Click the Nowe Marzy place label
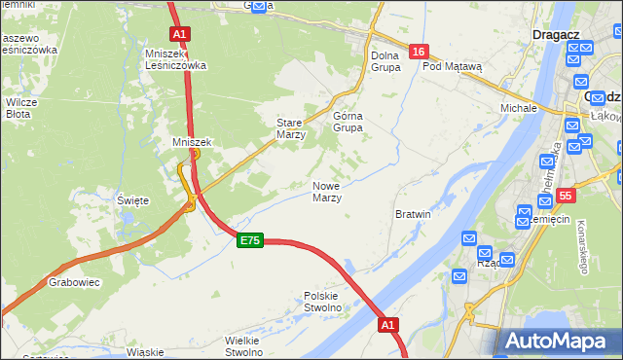click(x=326, y=192)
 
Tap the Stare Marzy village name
click(x=291, y=129)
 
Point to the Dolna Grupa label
click(x=385, y=62)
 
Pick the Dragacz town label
click(x=556, y=34)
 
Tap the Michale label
click(x=519, y=107)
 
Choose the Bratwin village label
click(x=414, y=213)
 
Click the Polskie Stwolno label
click(x=322, y=302)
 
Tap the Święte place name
click(x=132, y=200)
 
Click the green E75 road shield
click(x=249, y=240)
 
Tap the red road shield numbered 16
click(x=418, y=52)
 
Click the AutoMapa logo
click(x=556, y=341)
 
